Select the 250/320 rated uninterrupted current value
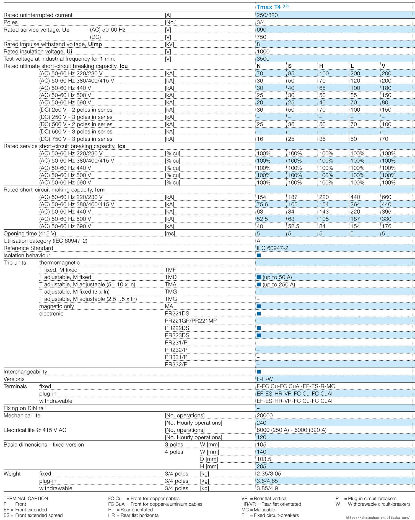(x=267, y=15)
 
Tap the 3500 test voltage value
(x=263, y=59)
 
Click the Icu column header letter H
(x=321, y=66)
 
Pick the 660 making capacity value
(x=387, y=197)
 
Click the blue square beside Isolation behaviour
(x=259, y=255)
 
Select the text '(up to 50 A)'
(x=277, y=277)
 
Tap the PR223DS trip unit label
(x=177, y=335)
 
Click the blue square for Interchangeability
(x=259, y=372)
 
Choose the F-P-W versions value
(x=265, y=379)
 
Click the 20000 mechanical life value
(x=265, y=415)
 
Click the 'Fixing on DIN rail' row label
(x=25, y=408)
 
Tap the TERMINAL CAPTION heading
(x=26, y=498)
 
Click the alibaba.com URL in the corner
(x=378, y=517)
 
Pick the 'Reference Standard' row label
(x=28, y=248)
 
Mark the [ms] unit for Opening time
(x=170, y=234)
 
